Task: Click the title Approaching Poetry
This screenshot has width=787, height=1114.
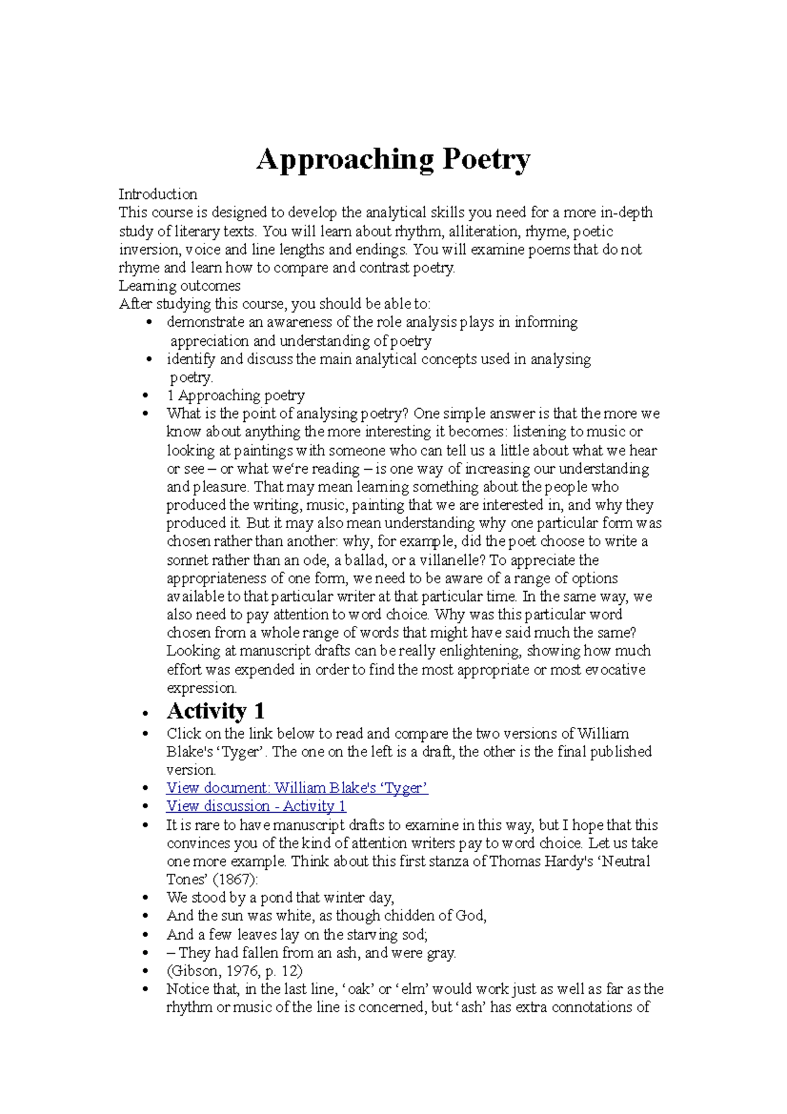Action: coord(393,159)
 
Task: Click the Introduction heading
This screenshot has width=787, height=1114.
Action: coord(157,194)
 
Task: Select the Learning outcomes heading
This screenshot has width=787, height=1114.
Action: coord(179,286)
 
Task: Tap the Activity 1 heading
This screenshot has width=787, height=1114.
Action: coord(215,711)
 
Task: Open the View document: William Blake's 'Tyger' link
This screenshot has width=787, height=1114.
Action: coord(297,788)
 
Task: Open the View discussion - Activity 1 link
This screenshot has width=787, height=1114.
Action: coord(256,806)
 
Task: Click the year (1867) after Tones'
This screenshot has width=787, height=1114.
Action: coord(235,880)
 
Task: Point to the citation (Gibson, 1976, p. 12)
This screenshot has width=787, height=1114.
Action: coord(234,971)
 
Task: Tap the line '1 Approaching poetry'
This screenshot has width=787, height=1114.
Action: coord(235,396)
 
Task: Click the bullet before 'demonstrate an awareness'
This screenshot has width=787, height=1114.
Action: coord(150,323)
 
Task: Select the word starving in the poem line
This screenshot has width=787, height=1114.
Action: coord(373,934)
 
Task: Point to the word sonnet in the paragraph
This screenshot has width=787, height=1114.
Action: coord(187,560)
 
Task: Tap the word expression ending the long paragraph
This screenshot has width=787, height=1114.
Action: coord(201,688)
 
